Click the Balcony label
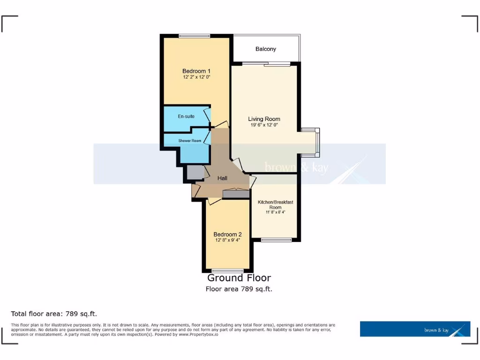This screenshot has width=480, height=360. click(266, 49)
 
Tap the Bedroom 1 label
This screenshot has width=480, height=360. click(196, 71)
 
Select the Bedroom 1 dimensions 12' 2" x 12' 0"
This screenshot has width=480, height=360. click(196, 77)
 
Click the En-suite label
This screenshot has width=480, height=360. click(186, 116)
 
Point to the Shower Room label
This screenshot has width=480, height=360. click(189, 141)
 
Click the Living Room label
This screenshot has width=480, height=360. click(264, 119)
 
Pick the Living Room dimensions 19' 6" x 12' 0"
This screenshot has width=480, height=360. click(264, 125)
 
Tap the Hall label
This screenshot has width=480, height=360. click(222, 178)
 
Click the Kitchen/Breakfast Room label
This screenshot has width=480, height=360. click(275, 204)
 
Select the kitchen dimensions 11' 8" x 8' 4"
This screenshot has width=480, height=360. click(275, 212)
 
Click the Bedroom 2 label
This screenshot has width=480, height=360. click(227, 234)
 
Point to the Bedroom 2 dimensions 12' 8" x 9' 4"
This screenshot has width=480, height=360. click(227, 240)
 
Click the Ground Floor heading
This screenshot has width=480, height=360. click(239, 278)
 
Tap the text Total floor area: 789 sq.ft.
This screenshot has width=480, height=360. click(54, 314)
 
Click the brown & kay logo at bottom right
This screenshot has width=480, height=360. click(415, 329)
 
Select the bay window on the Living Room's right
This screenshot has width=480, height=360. click(317, 142)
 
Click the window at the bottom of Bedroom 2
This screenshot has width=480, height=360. click(227, 270)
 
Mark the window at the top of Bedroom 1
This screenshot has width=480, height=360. click(194, 36)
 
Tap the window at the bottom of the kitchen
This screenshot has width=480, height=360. click(276, 240)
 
